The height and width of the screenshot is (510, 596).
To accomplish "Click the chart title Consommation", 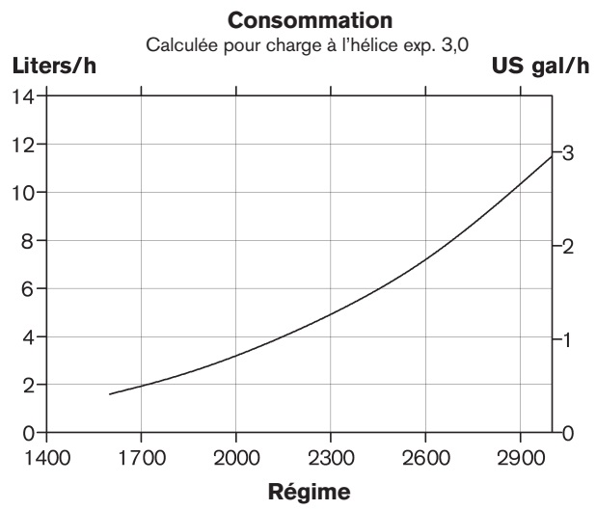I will [298, 18].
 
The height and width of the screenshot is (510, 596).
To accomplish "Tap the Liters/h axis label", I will [54, 67].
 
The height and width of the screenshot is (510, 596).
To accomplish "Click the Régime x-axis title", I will [299, 491].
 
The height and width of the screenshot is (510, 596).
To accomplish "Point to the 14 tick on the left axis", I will [24, 96].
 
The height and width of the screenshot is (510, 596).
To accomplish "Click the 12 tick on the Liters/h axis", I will [24, 145].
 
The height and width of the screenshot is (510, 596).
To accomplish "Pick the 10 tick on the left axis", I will [24, 193].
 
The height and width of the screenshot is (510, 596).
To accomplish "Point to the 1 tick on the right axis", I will [568, 339].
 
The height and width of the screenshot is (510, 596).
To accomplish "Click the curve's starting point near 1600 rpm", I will [110, 393].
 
